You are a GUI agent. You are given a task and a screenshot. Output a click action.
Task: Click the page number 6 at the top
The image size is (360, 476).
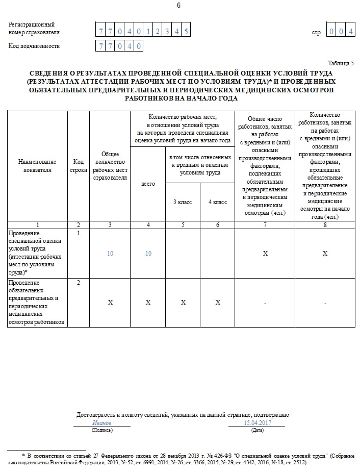click(178, 6)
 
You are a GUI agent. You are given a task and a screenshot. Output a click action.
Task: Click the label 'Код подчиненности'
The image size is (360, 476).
click(34, 46)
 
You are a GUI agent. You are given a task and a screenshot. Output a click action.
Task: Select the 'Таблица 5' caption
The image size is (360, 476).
click(341, 63)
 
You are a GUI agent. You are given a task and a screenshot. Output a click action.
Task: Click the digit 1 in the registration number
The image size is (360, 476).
click(147, 32)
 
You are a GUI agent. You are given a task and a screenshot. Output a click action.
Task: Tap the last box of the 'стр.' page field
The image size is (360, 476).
click(351, 32)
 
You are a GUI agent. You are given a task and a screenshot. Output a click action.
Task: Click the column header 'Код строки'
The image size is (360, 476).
click(78, 166)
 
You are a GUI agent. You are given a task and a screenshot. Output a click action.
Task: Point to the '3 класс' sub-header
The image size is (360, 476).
click(183, 202)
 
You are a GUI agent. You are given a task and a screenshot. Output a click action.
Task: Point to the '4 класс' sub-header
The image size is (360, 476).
click(218, 202)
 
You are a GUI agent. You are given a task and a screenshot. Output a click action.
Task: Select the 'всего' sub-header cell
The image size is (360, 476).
click(148, 184)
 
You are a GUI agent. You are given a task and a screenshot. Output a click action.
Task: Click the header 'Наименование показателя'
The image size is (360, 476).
click(37, 166)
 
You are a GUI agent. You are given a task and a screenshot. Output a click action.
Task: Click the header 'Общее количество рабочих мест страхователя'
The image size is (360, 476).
click(110, 166)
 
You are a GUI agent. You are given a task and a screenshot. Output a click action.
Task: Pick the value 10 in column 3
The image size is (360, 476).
click(110, 254)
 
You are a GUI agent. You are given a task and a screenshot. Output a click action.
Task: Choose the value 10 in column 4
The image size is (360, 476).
click(148, 254)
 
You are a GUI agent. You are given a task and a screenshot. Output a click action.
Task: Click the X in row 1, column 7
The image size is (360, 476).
click(265, 254)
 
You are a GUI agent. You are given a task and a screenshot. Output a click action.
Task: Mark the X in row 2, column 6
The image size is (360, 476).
click(218, 303)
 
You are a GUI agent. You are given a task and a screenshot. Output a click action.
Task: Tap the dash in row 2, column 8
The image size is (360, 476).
click(325, 303)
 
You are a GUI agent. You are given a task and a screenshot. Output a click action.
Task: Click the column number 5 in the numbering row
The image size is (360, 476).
click(183, 224)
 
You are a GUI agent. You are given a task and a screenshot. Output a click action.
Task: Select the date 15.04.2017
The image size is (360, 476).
click(257, 423)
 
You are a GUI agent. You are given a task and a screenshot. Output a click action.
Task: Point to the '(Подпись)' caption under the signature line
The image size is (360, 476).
click(102, 431)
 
